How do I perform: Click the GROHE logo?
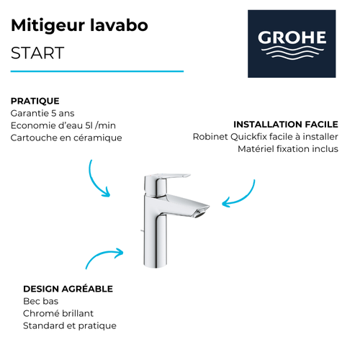click(x=292, y=43)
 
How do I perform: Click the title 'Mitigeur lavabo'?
click(x=80, y=26)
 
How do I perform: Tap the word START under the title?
click(x=37, y=53)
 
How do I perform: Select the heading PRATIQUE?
click(x=35, y=101)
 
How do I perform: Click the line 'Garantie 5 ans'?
click(x=42, y=113)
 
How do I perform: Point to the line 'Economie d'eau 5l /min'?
click(x=63, y=125)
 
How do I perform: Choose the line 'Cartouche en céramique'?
click(x=66, y=138)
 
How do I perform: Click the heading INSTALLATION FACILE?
click(x=285, y=125)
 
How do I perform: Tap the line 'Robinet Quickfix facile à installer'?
click(x=265, y=137)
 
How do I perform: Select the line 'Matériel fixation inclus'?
click(x=287, y=149)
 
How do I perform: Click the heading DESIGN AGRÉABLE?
click(x=68, y=289)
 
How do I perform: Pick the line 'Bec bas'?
click(x=41, y=301)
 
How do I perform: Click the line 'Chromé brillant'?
click(x=58, y=313)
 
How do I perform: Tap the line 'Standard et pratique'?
click(x=70, y=325)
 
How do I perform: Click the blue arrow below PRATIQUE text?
click(x=98, y=179)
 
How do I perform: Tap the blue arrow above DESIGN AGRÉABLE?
click(x=104, y=258)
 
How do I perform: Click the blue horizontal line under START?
click(x=97, y=71)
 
